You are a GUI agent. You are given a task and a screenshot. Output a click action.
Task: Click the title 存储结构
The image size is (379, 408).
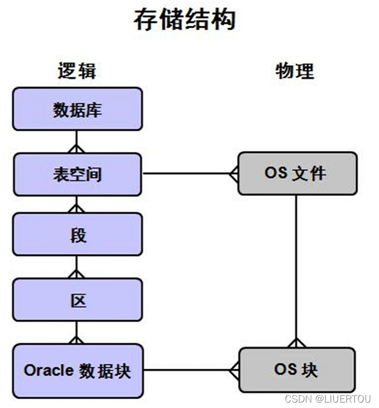click(x=185, y=20)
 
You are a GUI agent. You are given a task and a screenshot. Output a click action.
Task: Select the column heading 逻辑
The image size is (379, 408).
click(x=77, y=71)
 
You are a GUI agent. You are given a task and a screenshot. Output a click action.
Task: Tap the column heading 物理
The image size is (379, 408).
click(x=294, y=71)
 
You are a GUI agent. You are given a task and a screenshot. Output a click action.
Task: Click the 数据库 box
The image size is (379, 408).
click(x=77, y=109)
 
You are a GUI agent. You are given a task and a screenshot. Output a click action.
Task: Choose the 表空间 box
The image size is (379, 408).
click(x=77, y=174)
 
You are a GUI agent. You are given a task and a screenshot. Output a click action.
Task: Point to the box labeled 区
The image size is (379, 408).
click(x=77, y=299)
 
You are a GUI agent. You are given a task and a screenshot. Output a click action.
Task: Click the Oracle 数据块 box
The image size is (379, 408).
click(x=77, y=370)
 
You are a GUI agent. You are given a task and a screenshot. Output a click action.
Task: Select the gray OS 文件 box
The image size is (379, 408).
click(x=297, y=173)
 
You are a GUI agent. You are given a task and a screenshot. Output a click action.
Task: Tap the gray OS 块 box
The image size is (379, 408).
click(x=297, y=370)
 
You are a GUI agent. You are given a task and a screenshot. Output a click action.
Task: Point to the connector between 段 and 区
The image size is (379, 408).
click(x=77, y=267)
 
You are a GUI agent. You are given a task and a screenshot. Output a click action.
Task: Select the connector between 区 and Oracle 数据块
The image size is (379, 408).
click(x=77, y=332)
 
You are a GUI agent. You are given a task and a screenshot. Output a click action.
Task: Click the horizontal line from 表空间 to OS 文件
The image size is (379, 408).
click(x=185, y=173)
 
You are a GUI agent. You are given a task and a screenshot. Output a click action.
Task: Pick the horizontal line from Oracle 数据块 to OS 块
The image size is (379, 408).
click(x=185, y=370)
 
